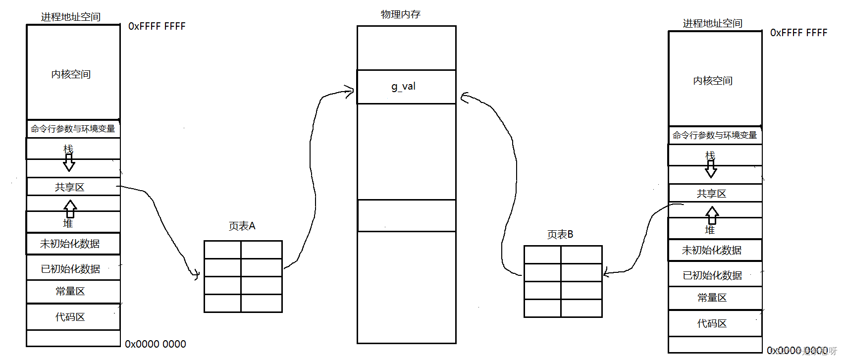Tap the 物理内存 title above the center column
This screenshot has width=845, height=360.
coord(400,14)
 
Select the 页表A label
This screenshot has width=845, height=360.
coord(242,226)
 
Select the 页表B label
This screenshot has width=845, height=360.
coord(560,234)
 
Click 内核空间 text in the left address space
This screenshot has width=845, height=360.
coord(71,74)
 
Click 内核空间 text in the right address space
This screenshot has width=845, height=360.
coord(712,81)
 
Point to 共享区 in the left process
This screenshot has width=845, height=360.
coord(70,187)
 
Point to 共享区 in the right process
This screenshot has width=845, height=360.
coord(711,194)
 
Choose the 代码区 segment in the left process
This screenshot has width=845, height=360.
coord(70,317)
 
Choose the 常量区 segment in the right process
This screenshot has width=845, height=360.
coord(712,298)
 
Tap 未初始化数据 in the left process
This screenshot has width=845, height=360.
coord(70,244)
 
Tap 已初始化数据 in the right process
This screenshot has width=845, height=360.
coord(712,275)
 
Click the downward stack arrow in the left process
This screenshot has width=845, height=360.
coord(69,162)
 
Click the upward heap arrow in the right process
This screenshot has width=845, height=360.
coord(712,214)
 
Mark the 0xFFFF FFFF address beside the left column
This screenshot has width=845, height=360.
coord(157,26)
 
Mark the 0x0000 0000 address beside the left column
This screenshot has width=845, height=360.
coord(155,344)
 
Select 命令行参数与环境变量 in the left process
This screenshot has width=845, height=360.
coord(73,129)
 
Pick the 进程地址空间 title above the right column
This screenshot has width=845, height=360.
coord(712,23)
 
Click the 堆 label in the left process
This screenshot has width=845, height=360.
coord(68,223)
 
